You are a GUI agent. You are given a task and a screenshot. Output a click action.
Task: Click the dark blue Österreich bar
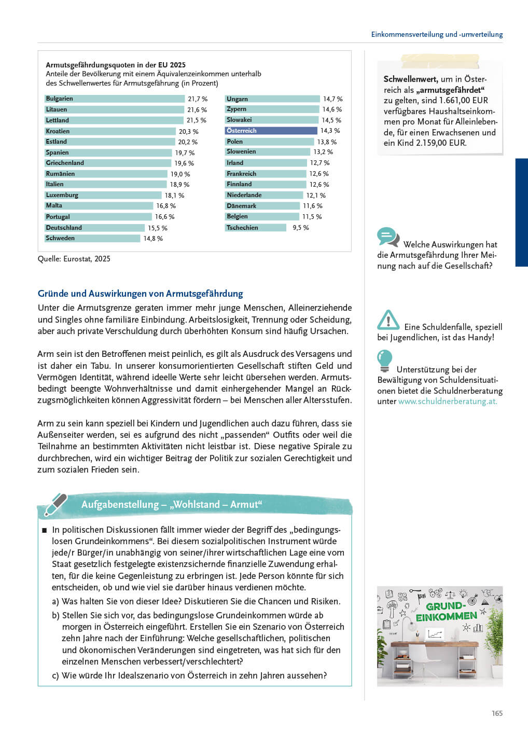(271, 130)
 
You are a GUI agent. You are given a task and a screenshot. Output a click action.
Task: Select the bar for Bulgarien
(114, 99)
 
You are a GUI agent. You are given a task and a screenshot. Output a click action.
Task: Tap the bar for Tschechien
(255, 227)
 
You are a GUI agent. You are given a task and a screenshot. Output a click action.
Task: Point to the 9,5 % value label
(301, 228)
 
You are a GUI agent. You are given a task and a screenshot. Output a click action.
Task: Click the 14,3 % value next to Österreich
(330, 131)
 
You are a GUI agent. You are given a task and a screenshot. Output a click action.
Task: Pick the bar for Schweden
(92, 238)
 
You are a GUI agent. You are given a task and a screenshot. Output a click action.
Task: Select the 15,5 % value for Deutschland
(158, 228)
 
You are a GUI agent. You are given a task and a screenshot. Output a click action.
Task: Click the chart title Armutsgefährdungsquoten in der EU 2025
(116, 65)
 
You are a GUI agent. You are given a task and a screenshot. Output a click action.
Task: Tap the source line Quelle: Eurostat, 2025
(74, 259)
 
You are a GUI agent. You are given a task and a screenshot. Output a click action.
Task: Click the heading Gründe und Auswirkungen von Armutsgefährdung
(141, 294)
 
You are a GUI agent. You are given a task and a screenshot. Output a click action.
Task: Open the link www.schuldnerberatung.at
(447, 401)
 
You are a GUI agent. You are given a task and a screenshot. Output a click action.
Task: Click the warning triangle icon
(388, 320)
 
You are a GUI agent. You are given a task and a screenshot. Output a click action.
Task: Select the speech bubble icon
(388, 237)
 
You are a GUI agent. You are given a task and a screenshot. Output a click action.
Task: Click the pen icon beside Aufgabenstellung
(55, 504)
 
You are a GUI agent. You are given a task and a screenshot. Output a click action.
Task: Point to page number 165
(497, 713)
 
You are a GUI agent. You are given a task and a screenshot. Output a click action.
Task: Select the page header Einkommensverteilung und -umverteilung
(437, 34)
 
